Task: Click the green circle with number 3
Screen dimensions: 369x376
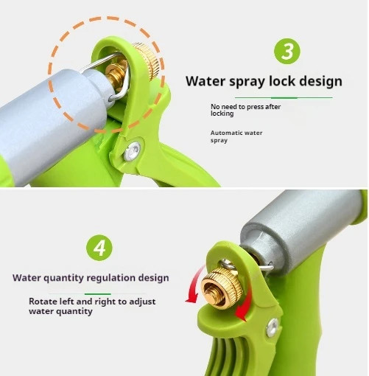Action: pos(287,51)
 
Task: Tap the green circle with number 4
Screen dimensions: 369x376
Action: pos(99,248)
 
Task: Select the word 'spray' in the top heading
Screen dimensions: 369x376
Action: pos(247,82)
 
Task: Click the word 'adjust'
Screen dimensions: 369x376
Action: pos(142,302)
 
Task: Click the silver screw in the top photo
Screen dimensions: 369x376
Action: pos(132,152)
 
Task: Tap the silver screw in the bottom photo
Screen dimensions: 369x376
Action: pos(273,327)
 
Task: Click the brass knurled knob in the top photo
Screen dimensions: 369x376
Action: pos(147,60)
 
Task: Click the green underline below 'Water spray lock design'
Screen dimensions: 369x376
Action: pos(284,98)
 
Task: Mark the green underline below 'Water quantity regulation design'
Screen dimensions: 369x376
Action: pos(97,294)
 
